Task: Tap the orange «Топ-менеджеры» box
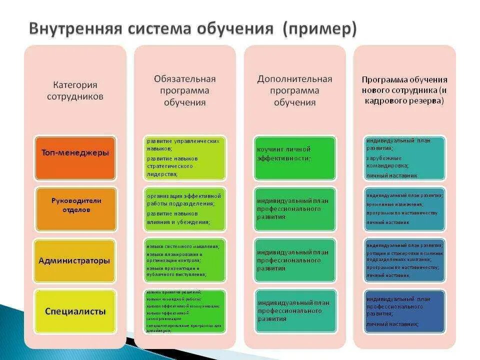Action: tap(75, 153)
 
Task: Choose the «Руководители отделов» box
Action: tap(75, 205)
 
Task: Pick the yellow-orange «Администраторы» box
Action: tap(75, 260)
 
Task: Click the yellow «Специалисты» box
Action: tap(75, 311)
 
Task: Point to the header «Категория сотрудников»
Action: tap(75, 90)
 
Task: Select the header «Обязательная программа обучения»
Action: tap(184, 90)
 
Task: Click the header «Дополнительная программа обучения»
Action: tap(294, 90)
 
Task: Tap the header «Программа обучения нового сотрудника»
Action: tap(404, 90)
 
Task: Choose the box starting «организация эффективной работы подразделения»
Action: tap(184, 209)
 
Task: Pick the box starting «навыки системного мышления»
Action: tap(184, 260)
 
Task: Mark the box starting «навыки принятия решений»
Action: tap(184, 311)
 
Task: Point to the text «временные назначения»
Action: tap(394, 204)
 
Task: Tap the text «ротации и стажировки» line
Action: tap(404, 253)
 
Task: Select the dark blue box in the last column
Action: tap(404, 311)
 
